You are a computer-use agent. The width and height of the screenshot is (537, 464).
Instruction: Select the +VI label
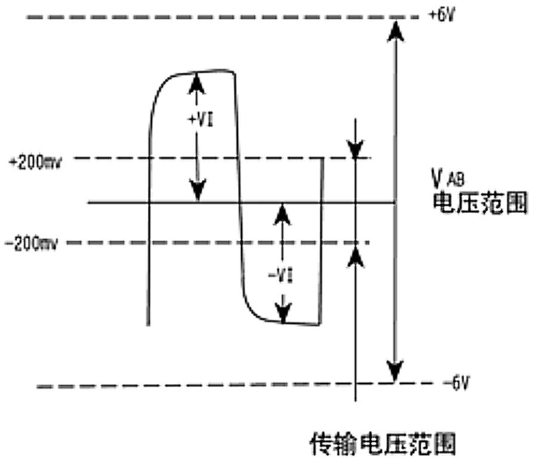[200, 120]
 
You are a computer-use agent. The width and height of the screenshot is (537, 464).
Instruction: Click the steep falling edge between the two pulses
[239, 197]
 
